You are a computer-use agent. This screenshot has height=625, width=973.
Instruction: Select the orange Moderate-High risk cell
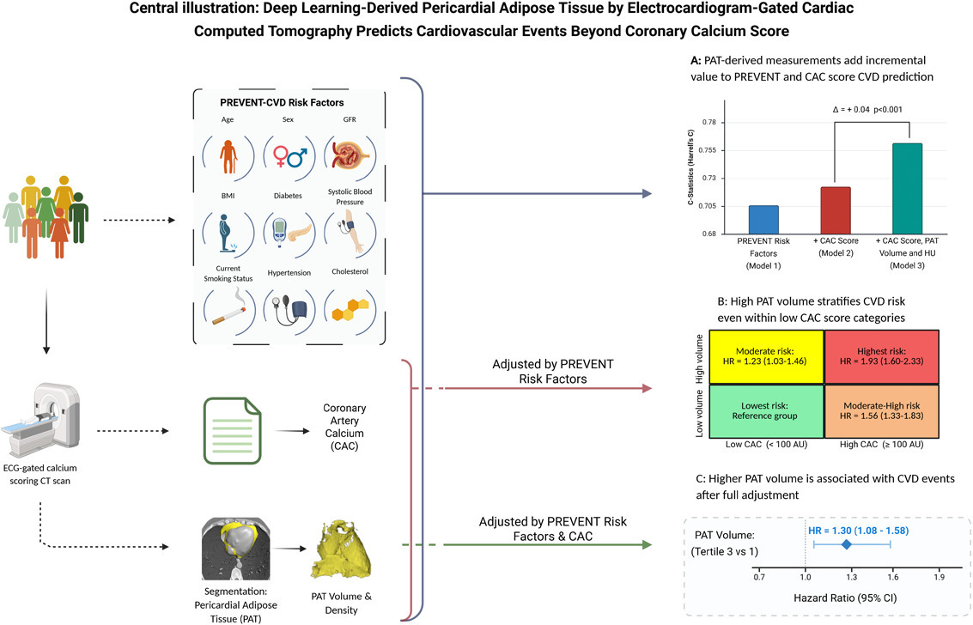coord(873,410)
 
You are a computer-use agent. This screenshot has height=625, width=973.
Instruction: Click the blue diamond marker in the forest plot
coord(846,544)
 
